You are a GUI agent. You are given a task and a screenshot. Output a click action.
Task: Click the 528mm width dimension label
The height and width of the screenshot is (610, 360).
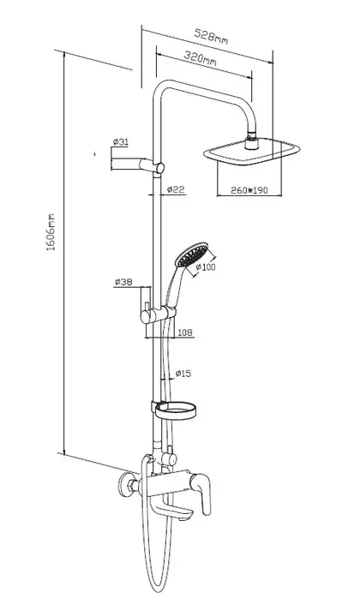(211, 36)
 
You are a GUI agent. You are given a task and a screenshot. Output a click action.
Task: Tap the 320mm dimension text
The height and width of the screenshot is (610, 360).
(200, 57)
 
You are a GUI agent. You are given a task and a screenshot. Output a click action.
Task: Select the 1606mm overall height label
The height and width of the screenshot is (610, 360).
(51, 231)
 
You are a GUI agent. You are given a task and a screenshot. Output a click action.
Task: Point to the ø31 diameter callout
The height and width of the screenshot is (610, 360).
(120, 142)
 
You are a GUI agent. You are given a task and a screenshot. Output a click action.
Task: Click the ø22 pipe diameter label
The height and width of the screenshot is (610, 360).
(175, 189)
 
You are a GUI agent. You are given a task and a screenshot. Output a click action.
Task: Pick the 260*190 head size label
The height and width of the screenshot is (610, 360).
(249, 190)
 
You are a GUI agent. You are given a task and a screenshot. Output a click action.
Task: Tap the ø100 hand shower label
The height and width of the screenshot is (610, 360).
(206, 267)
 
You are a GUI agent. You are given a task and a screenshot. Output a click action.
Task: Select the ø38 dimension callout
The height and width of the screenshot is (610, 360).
(123, 282)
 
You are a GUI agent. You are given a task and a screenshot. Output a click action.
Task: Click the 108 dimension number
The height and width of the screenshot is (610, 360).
(184, 332)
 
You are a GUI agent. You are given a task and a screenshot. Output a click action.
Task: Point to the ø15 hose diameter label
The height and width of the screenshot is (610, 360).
(183, 374)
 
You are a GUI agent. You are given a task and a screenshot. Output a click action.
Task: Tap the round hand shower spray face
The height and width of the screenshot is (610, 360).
(191, 254)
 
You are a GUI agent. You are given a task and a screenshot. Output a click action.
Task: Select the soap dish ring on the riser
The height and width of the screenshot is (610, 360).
(176, 411)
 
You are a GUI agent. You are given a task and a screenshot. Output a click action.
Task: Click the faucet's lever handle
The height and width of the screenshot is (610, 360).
(201, 491)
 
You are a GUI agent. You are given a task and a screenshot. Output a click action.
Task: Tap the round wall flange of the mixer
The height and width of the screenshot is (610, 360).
(126, 485)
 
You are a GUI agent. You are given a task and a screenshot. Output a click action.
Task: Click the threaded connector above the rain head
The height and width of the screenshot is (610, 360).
(252, 142)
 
